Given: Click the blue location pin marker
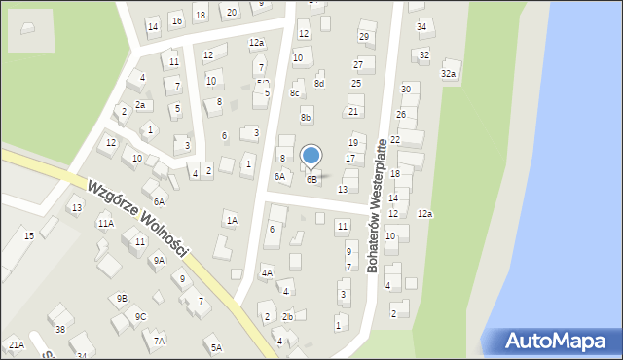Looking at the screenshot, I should point(311,156).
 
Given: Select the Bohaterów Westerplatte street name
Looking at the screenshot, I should point(384,204).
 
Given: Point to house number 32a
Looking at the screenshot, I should point(449,74).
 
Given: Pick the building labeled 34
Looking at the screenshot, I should point(421,26).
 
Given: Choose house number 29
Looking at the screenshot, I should point(364,37).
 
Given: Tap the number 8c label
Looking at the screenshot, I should point(295,93).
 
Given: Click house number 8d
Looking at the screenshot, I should point(319,84).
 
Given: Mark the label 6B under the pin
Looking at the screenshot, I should point(311,179).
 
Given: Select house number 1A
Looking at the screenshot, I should point(232,221).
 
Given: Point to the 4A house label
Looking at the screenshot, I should point(267,273).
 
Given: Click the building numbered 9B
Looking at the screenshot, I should point(121,298).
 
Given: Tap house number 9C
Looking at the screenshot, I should point(140,316).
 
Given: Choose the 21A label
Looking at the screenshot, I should point(16,344).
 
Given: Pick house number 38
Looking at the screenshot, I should point(60,330).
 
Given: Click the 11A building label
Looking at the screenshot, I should point(105,223).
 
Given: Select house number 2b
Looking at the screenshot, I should point(287,317).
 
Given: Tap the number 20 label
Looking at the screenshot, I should point(231,12).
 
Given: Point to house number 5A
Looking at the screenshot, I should point(216,347).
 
